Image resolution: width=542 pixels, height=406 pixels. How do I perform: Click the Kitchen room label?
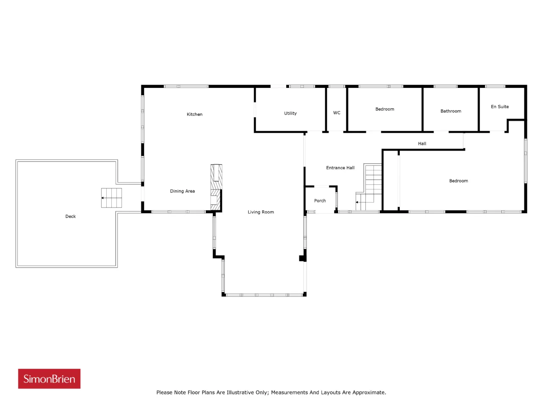(194, 114)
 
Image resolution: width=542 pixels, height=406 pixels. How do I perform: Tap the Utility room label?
(290, 113)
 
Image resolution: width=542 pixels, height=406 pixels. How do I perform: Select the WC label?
(337, 112)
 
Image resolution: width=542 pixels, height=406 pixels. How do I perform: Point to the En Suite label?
(500, 107)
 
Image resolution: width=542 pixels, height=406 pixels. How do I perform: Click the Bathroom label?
(451, 111)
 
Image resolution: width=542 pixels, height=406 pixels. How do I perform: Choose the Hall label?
(422, 143)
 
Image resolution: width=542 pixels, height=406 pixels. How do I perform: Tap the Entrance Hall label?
(340, 167)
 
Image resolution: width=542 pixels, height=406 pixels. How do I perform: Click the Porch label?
(320, 200)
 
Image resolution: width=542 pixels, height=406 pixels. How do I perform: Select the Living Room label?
(260, 212)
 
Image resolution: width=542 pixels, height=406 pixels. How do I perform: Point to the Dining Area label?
(182, 191)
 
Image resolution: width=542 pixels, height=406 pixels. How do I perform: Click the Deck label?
(70, 216)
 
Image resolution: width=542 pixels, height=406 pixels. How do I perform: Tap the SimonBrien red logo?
(49, 379)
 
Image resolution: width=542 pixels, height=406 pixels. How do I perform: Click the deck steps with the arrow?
(111, 198)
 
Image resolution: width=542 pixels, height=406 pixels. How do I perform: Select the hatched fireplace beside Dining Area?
(216, 187)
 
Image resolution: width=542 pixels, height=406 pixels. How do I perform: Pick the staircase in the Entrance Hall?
(369, 187)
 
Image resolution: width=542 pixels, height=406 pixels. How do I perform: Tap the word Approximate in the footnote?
(369, 392)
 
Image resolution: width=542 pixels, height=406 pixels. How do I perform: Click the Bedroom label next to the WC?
(384, 109)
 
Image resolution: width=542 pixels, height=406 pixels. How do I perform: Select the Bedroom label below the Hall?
(458, 181)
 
